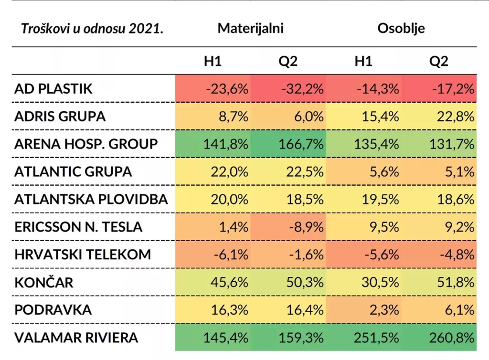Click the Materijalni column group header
[251, 28]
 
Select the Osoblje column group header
[401, 28]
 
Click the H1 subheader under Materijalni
[212, 61]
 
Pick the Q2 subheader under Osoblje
[438, 61]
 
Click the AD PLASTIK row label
[53, 89]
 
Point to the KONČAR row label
[44, 283]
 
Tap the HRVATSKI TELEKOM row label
[83, 255]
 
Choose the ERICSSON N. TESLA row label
[78, 227]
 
